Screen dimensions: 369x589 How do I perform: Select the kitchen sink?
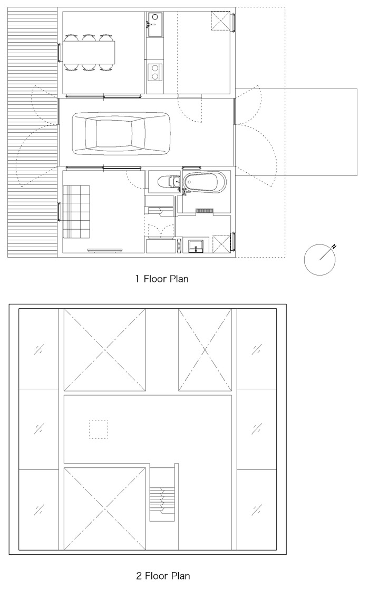[x=154, y=24]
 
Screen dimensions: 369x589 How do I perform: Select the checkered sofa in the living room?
[x=76, y=211]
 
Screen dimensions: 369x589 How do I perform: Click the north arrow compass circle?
[x=319, y=260]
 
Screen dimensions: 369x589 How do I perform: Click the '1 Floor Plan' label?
[x=162, y=279]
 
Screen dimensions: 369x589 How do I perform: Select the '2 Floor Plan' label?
[x=163, y=575]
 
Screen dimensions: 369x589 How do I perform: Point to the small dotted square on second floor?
[x=99, y=429]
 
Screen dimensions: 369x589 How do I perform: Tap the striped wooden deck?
[x=32, y=132]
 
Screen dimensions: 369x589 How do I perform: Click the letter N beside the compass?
[x=334, y=247]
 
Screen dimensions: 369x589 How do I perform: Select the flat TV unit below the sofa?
[x=105, y=249]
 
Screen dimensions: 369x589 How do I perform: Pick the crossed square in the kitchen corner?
[x=220, y=21]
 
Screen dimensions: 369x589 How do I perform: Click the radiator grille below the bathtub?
[x=205, y=211]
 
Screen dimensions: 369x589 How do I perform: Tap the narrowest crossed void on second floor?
[x=205, y=350]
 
